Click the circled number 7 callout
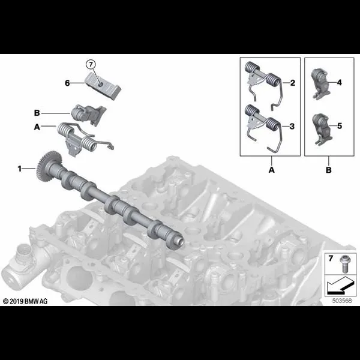tap(91, 65)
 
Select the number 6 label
tap(67, 83)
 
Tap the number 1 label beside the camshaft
tap(20, 169)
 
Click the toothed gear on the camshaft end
tap(48, 167)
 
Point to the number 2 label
tap(293, 83)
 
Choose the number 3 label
tap(292, 126)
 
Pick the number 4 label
tap(340, 82)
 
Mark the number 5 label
tap(340, 126)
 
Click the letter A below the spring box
tap(272, 170)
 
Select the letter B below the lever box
tap(329, 170)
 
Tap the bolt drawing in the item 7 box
tap(344, 264)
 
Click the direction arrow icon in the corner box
tap(340, 286)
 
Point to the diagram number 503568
tap(342, 301)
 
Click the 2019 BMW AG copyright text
tap(25, 301)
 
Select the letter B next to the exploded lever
tap(37, 113)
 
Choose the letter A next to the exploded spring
tap(37, 127)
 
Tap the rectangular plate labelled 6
tap(103, 85)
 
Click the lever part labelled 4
tap(320, 83)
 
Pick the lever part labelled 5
tap(322, 129)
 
